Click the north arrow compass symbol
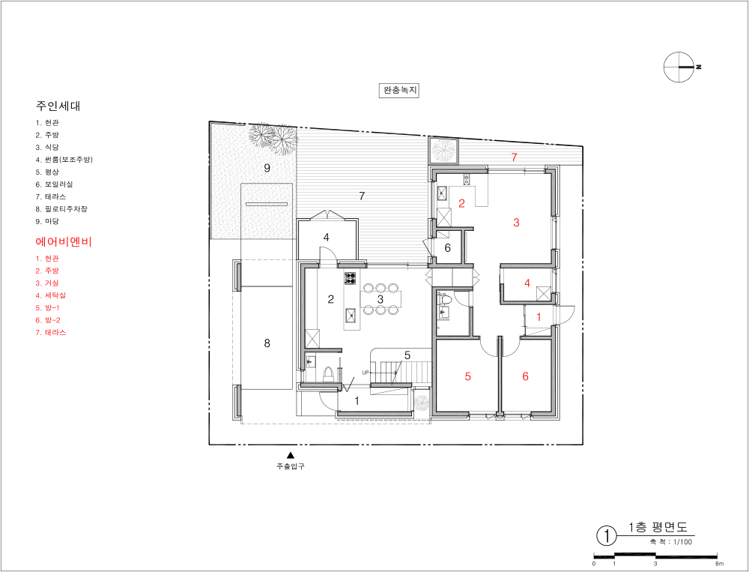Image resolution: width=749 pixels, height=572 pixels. pos(679,67)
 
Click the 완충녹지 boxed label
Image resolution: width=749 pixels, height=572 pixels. pos(399,90)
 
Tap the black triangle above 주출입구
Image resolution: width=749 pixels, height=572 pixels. pos(290,455)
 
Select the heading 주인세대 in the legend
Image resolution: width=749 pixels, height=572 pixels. pos(58,106)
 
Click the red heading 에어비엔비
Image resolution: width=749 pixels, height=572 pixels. pos(64,241)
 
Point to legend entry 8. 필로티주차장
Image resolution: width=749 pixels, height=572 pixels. pos(61,209)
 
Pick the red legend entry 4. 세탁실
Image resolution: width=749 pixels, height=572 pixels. pos(50,295)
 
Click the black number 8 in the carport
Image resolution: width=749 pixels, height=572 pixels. pos(267,343)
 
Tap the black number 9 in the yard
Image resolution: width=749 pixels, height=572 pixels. pos(267,168)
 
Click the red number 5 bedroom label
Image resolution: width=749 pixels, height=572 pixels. pos(467,376)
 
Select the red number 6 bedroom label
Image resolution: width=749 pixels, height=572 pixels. pos(526,376)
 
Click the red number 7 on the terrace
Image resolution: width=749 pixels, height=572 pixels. pos(515,157)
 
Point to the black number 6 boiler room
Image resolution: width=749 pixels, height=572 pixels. pos(448,247)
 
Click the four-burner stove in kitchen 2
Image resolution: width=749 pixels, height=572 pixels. pos(350,278)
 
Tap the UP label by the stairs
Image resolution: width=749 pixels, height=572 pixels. pos(366,373)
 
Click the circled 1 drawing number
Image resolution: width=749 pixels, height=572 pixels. pos(607,536)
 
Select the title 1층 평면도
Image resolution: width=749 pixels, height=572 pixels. pos(658,528)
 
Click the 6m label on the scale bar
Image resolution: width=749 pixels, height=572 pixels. pos(719,564)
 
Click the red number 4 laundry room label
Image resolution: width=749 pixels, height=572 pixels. pos(527,283)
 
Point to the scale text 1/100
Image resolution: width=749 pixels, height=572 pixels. pos(682,542)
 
